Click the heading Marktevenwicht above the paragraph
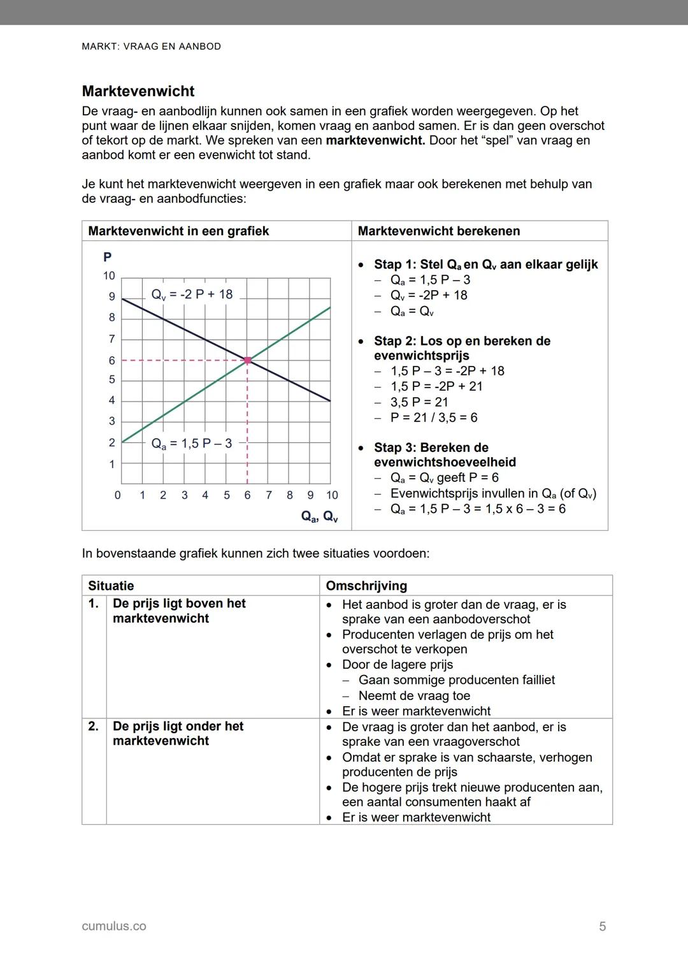[138, 91]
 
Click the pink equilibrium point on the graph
[247, 361]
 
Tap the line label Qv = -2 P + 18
[192, 294]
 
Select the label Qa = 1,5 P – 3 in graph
[192, 444]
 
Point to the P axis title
[108, 257]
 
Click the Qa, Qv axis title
[319, 516]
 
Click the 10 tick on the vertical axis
[109, 276]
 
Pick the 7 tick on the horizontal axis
[269, 495]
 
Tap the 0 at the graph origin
[117, 495]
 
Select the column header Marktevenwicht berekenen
[439, 231]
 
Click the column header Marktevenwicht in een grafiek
[178, 231]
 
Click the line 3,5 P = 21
[419, 402]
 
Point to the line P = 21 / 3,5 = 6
[434, 418]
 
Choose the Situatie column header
[111, 586]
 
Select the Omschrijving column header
[366, 586]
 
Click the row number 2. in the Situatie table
[93, 726]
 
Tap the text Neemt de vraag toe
[414, 695]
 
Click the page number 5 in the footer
[602, 926]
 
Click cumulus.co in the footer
[114, 926]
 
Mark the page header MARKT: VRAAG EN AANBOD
[152, 47]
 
